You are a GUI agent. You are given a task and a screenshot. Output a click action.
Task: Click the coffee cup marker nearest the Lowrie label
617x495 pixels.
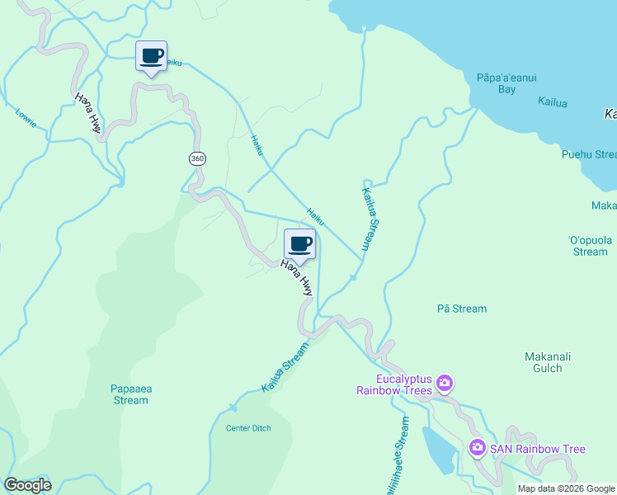tap(151, 57)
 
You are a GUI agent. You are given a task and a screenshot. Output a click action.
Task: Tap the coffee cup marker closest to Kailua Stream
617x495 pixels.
tap(299, 244)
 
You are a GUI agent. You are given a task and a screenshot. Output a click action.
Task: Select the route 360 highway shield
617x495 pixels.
tap(196, 158)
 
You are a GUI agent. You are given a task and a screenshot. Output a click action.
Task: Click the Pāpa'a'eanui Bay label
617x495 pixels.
tap(506, 83)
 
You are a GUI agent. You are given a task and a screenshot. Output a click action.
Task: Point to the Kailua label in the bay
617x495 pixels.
tap(552, 102)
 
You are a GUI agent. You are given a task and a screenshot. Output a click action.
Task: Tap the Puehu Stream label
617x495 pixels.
tap(588, 154)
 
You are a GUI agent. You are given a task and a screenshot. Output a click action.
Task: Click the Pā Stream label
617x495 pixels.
tap(461, 309)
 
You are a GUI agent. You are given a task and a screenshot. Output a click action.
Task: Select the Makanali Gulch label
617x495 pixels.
tap(548, 362)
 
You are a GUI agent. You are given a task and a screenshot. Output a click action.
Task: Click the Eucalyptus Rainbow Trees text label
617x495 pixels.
tap(393, 384)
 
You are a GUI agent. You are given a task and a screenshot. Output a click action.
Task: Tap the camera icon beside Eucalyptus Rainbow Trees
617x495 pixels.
tap(445, 382)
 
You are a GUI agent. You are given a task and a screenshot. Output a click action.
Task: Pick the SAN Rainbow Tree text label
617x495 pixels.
tap(538, 449)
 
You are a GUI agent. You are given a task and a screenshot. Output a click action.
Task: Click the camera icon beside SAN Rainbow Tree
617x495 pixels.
tap(478, 448)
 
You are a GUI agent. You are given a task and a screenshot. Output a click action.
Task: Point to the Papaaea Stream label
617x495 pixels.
tap(130, 394)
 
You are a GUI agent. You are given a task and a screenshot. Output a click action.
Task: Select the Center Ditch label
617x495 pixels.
tap(247, 428)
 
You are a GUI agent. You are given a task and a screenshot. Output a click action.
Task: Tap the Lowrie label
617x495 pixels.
tap(26, 118)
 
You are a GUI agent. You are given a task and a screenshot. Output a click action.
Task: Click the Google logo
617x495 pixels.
tap(27, 485)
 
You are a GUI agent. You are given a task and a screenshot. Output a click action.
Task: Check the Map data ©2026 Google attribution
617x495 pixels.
tap(566, 488)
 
